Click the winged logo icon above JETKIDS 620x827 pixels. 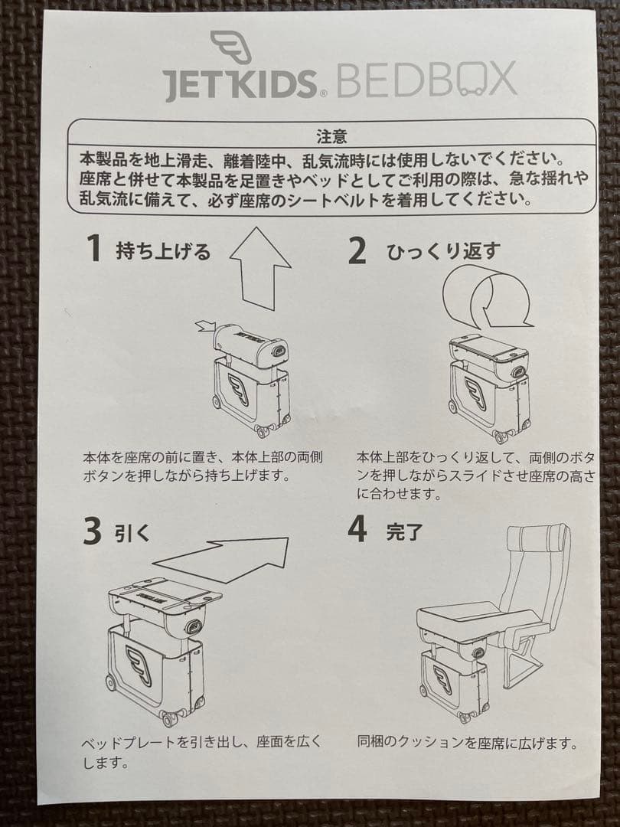(231, 47)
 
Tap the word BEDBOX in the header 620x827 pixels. (425, 80)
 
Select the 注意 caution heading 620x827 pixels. (331, 136)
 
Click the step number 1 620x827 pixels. (94, 248)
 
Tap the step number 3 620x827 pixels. (93, 531)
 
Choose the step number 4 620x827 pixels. (357, 529)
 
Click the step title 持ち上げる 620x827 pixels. (163, 251)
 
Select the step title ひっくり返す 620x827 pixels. (443, 251)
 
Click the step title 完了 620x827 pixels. (404, 532)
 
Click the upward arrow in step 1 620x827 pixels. (260, 267)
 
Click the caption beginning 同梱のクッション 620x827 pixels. (467, 744)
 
